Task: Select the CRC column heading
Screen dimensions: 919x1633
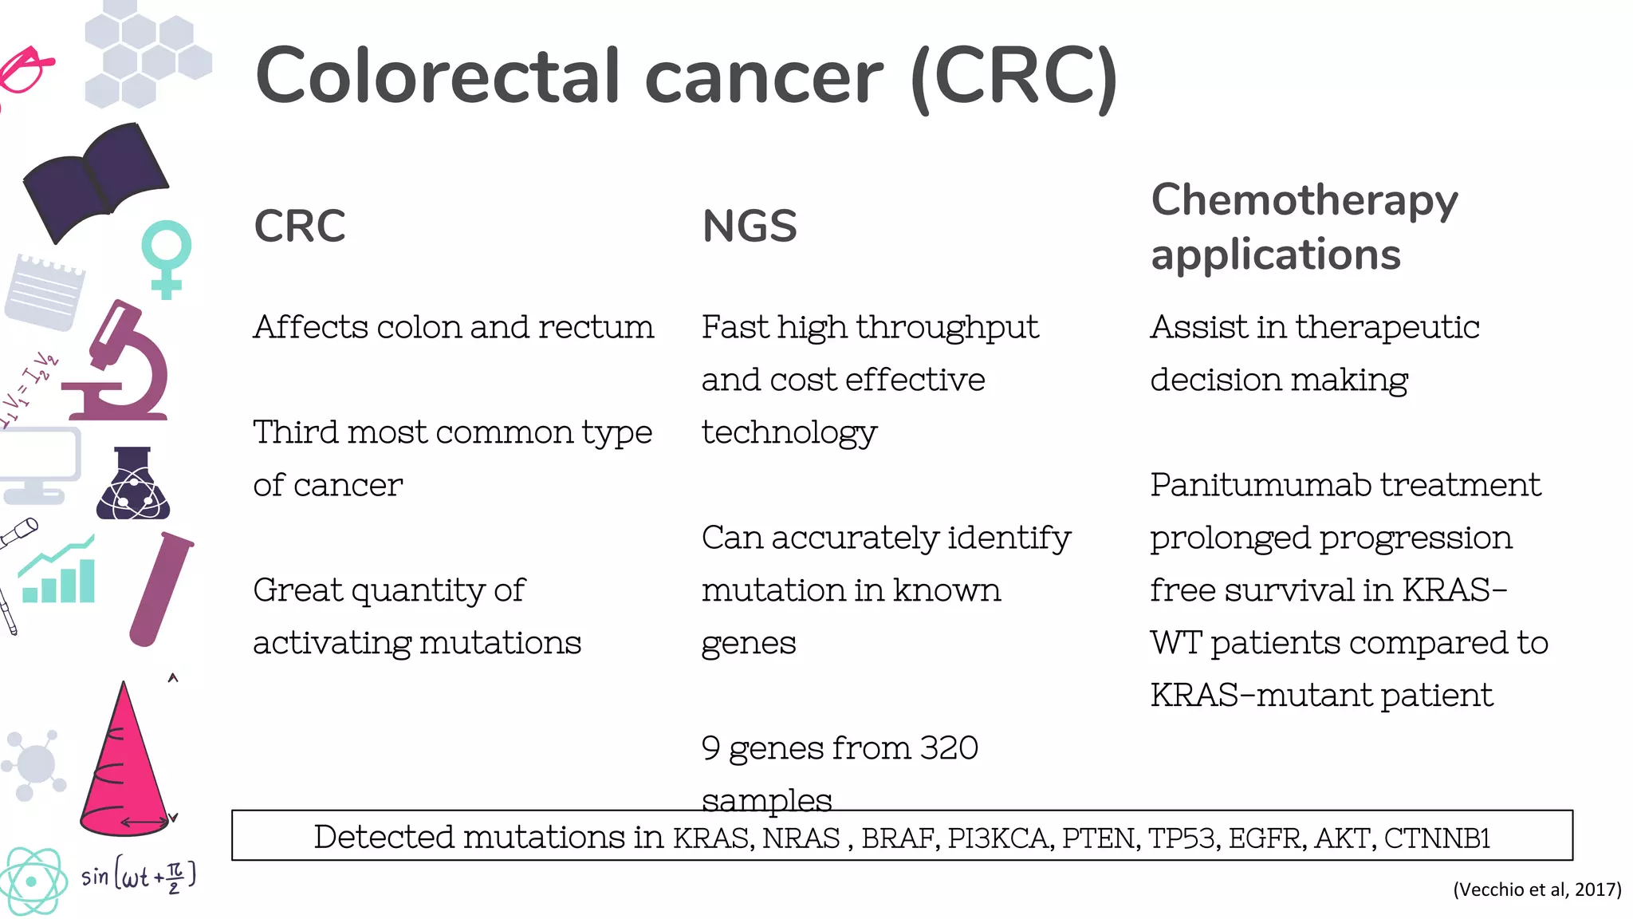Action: (x=299, y=226)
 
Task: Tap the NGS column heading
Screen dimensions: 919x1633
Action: (x=749, y=226)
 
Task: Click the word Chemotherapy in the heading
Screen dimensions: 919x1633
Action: (x=1304, y=199)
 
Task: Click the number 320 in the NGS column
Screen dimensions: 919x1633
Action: (x=948, y=748)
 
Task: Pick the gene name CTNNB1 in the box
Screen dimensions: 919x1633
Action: (x=1437, y=838)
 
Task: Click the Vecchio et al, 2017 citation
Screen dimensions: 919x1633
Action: (x=1537, y=889)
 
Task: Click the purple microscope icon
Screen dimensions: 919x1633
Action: (x=120, y=363)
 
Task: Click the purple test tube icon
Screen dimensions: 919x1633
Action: (x=162, y=589)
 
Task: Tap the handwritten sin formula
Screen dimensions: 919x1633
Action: (x=138, y=876)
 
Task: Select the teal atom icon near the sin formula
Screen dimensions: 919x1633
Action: (x=32, y=882)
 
